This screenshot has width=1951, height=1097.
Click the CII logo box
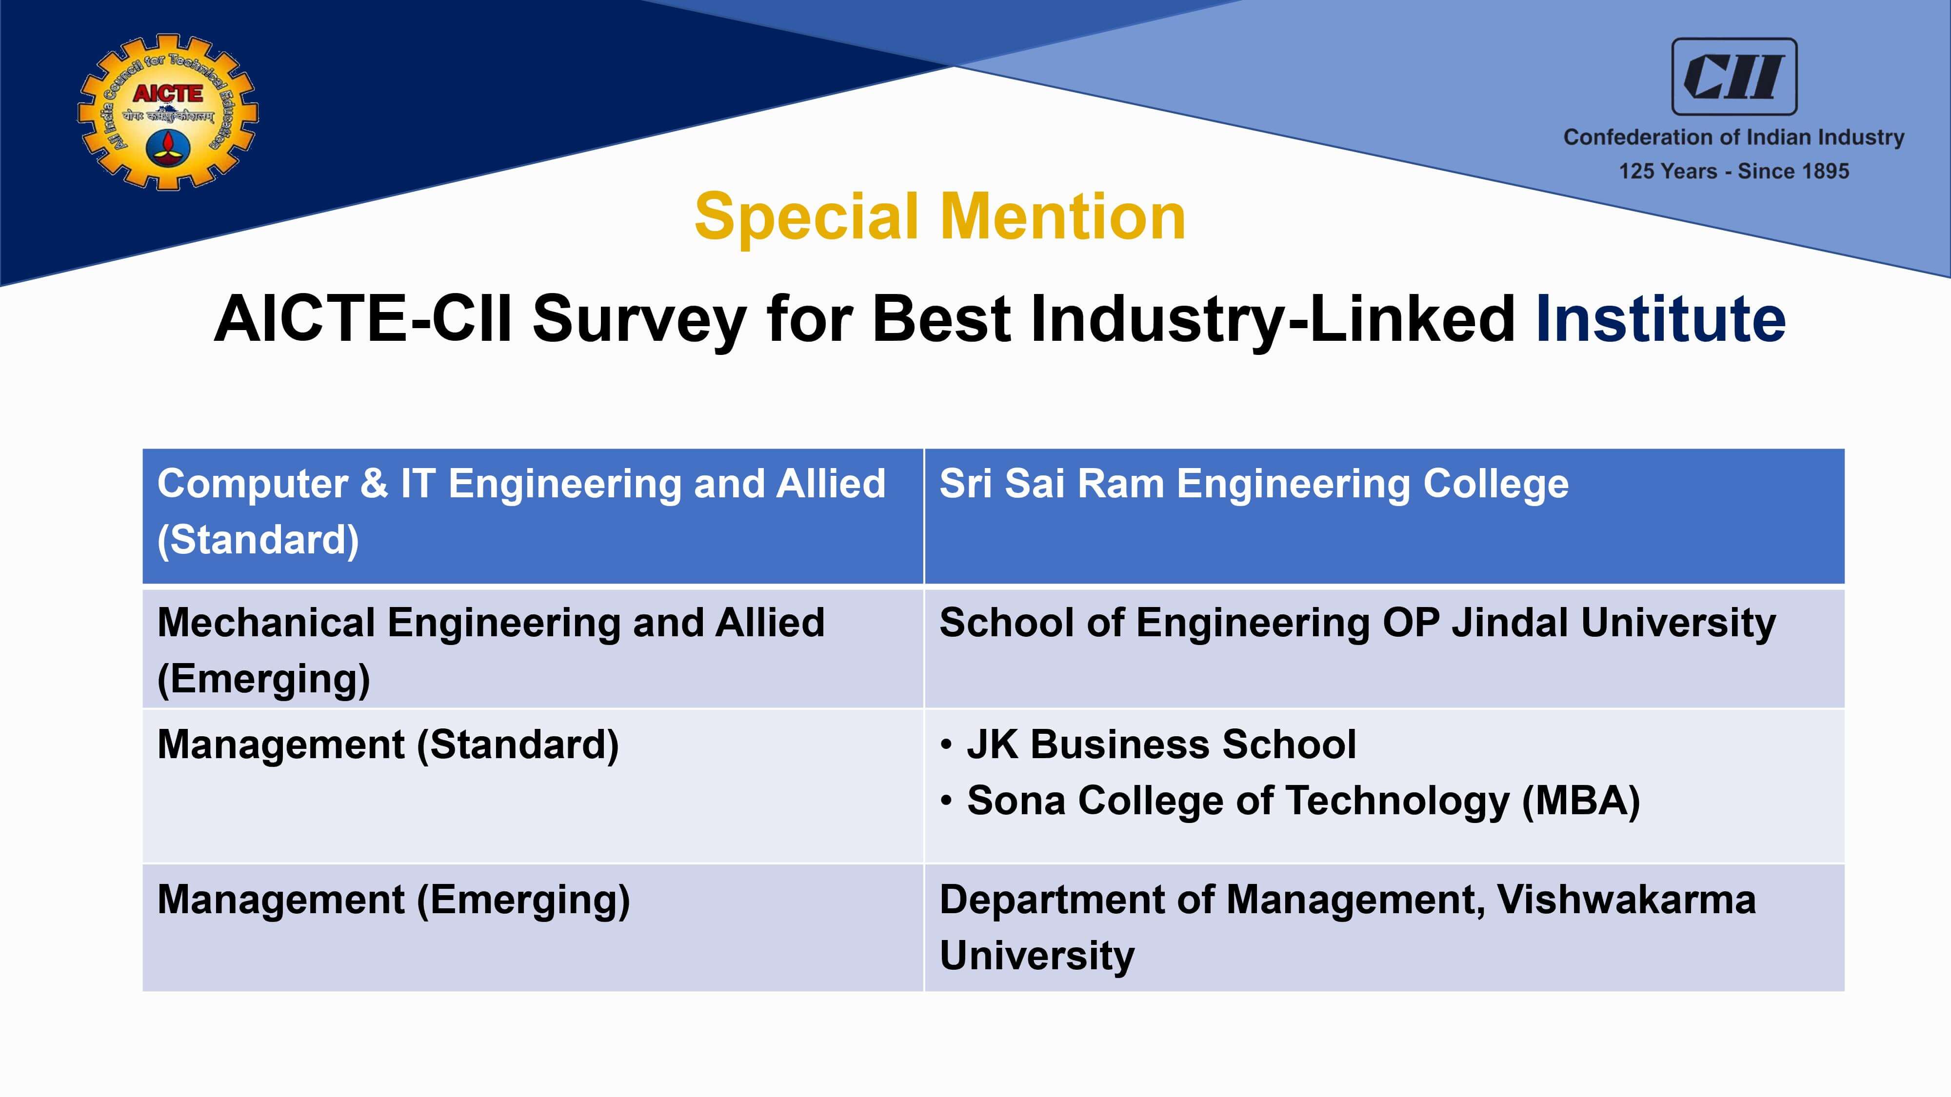[x=1733, y=77]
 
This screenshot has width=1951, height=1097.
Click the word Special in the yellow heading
[x=807, y=218]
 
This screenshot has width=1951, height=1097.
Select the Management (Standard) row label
[x=388, y=745]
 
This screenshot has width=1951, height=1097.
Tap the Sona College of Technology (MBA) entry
[x=1303, y=801]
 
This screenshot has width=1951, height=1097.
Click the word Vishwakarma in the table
[x=1626, y=900]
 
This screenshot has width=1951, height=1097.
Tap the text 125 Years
[x=1667, y=171]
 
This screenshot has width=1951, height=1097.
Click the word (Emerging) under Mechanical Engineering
[x=263, y=679]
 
